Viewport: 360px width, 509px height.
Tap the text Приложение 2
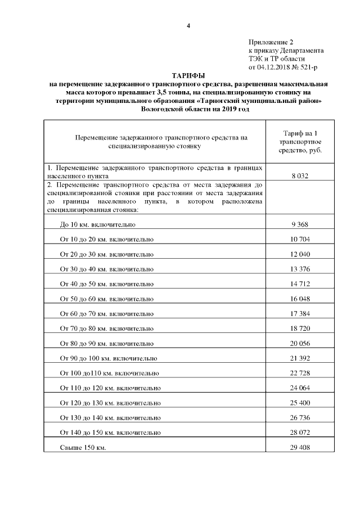click(271, 42)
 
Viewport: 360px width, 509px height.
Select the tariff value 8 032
click(300, 176)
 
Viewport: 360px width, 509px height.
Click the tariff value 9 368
click(300, 224)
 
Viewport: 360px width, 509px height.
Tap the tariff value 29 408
click(300, 448)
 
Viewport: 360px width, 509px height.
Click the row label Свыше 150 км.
click(83, 448)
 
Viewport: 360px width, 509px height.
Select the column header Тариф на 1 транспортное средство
click(300, 142)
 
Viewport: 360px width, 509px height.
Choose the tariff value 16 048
click(300, 299)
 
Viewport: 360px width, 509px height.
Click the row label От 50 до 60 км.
click(106, 299)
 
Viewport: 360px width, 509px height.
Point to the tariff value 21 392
click(300, 358)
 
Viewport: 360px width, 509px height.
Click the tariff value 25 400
click(300, 403)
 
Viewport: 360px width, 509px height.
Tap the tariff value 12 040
click(300, 254)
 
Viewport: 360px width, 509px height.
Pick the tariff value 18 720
click(300, 328)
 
